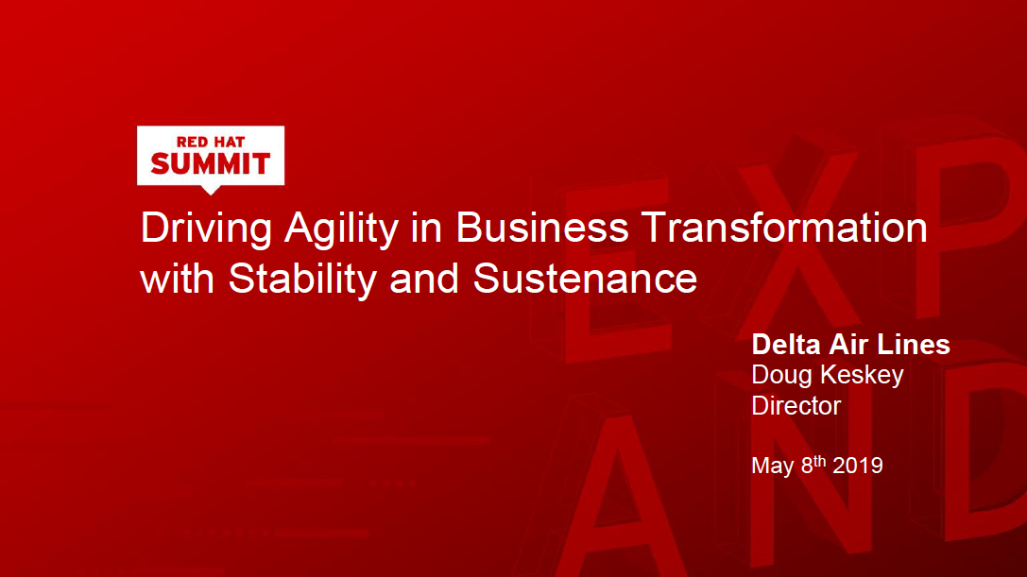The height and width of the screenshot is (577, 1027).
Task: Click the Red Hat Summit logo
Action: pos(211,160)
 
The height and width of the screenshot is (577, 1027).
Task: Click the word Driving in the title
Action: pos(206,229)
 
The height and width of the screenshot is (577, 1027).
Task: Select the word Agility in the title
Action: pos(341,229)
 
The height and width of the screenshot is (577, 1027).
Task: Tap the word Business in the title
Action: pos(541,228)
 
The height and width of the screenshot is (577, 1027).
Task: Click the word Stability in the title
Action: pos(302,280)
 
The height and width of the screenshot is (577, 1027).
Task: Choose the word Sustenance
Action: pos(585,279)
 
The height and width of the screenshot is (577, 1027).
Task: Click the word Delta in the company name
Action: pos(785,345)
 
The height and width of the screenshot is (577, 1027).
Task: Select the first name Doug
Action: pos(782,376)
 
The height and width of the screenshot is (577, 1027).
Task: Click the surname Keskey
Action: pos(862,376)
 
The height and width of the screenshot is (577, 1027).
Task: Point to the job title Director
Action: pos(796,405)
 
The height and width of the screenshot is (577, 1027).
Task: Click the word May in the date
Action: pos(773,467)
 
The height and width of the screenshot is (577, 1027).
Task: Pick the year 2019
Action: pos(857,466)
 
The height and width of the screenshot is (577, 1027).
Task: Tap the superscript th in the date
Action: pos(820,461)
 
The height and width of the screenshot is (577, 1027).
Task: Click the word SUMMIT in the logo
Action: pos(211,163)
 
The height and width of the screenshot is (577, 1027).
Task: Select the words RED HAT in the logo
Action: pos(211,142)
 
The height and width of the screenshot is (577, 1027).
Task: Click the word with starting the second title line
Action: pos(178,279)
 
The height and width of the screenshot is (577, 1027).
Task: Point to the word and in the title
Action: pos(424,279)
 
